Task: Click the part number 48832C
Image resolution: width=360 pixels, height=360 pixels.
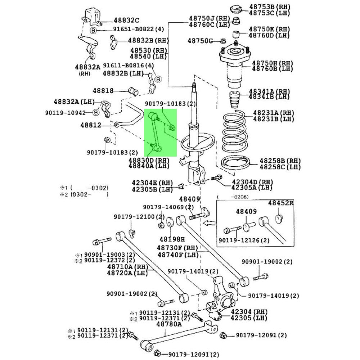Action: point(126,20)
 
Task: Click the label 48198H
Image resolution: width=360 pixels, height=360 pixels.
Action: point(172,239)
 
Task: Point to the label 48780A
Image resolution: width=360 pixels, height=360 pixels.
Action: point(169,324)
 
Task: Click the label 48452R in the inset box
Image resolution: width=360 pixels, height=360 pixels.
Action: point(280,203)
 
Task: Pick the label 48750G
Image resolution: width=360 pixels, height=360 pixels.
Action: point(200,41)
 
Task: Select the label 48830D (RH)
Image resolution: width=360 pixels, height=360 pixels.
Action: point(149,160)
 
